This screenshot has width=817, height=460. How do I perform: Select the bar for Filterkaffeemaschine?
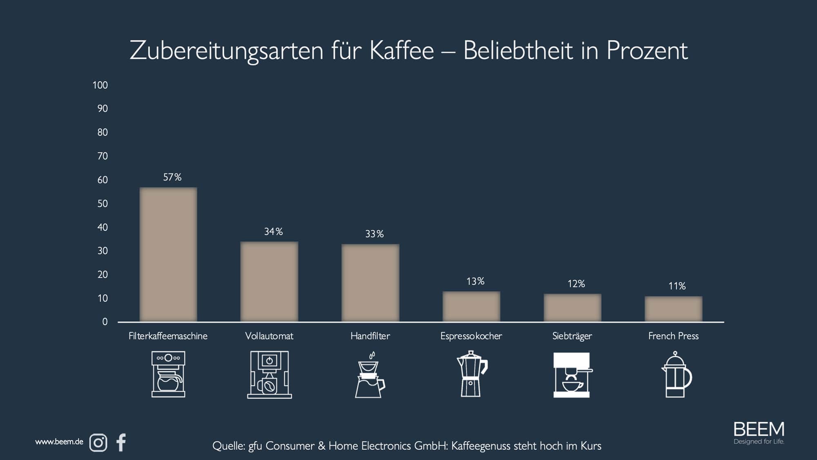click(x=168, y=254)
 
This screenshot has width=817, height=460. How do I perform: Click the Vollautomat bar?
click(x=269, y=281)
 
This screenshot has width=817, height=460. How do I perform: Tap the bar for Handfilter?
click(x=370, y=283)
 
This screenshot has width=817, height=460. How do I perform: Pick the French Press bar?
click(x=673, y=309)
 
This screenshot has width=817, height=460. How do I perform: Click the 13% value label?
click(x=475, y=281)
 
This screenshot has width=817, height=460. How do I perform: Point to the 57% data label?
click(x=172, y=177)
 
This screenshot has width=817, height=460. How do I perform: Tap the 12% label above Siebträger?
click(x=576, y=284)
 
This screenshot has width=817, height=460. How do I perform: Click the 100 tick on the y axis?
click(x=100, y=85)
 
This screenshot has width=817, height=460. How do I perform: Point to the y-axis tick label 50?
click(x=103, y=204)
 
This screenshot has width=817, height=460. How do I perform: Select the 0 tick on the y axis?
click(x=105, y=322)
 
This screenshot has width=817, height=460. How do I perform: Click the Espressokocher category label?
click(x=471, y=336)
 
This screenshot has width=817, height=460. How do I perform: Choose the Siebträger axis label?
click(x=572, y=336)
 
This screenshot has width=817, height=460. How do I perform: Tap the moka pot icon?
click(x=471, y=374)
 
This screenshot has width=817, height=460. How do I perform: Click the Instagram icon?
click(x=98, y=443)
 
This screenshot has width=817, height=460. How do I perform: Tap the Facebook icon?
click(x=121, y=442)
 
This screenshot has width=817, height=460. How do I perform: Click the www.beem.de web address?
click(x=59, y=442)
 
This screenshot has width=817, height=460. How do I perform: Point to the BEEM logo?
click(x=759, y=433)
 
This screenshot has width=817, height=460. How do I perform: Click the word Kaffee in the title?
click(x=402, y=51)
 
